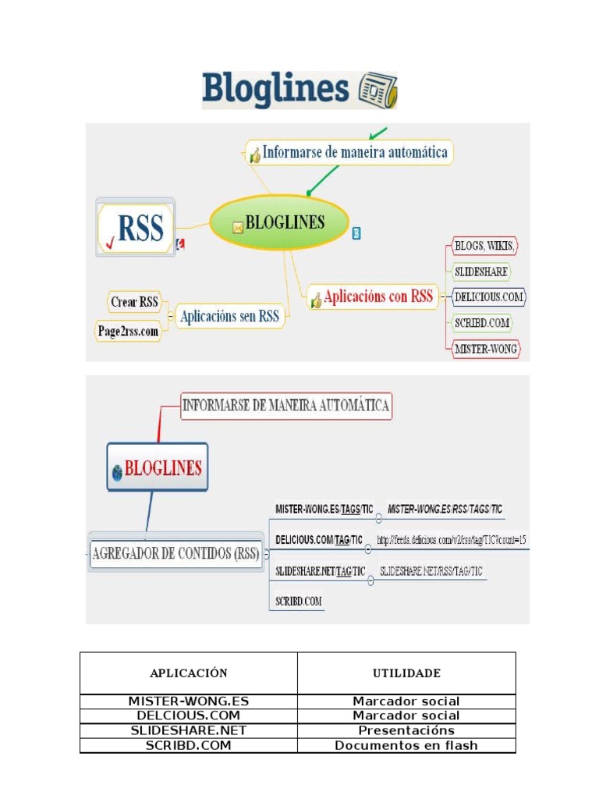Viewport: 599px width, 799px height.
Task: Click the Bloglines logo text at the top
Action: [x=277, y=90]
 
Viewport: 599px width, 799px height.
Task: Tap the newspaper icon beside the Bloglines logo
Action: [x=377, y=91]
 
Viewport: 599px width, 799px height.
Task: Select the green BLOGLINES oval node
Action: [x=278, y=223]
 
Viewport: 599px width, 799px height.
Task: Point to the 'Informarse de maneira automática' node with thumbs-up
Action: [x=349, y=153]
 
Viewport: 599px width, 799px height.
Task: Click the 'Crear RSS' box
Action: [x=134, y=302]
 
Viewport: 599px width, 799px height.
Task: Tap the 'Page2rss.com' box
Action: [x=128, y=331]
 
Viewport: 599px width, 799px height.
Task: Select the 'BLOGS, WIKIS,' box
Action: [x=484, y=247]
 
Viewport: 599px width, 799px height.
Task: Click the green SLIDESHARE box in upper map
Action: [x=480, y=272]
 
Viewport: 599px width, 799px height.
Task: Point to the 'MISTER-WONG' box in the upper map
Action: [x=486, y=349]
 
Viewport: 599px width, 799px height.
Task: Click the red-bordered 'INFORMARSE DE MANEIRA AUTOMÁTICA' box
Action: [x=285, y=406]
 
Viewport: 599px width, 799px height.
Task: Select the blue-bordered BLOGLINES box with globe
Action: [x=158, y=468]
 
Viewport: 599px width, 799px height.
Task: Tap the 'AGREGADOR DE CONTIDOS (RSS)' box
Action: [x=176, y=555]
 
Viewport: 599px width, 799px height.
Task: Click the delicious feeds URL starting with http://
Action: [x=452, y=539]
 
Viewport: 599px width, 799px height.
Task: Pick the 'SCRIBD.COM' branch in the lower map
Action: [x=299, y=601]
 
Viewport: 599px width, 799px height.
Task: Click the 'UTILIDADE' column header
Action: [x=406, y=673]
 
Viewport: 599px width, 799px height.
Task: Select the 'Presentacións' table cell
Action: [x=406, y=731]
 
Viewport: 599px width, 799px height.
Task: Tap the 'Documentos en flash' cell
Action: [x=406, y=745]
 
